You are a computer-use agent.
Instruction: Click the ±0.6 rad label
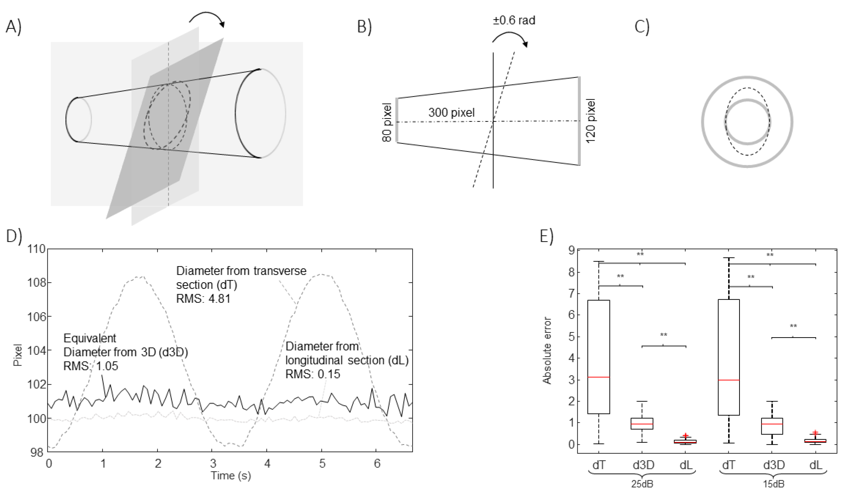(514, 21)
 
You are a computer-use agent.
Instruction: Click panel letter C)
(642, 27)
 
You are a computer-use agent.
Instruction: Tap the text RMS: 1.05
(91, 366)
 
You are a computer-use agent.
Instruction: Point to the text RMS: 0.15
(312, 374)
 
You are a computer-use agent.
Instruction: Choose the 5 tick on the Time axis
(322, 464)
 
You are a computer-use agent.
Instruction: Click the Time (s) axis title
(231, 476)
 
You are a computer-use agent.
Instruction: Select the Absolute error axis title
(547, 350)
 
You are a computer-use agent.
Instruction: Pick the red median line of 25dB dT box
(599, 377)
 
